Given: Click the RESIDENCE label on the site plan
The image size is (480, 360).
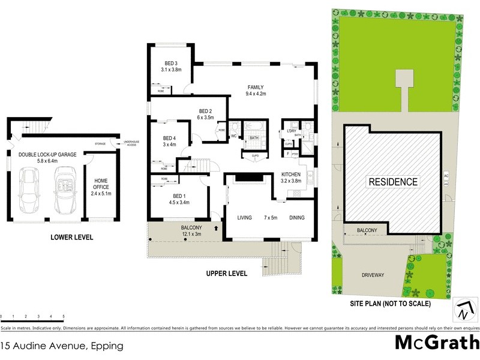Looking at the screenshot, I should coord(393,181).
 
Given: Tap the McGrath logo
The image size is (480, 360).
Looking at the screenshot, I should coord(436,342).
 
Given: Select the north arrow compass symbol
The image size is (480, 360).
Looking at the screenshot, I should coord(463,310).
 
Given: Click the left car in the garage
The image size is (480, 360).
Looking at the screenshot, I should coord(29,191).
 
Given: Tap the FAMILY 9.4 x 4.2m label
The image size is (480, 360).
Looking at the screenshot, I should coord(256,90).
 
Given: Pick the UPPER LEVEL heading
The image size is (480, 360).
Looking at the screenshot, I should coord(226,274).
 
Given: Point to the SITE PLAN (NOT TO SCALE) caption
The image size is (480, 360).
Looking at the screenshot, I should coord(390,304).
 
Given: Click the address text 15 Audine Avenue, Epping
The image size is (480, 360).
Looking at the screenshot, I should coord(62,346).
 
